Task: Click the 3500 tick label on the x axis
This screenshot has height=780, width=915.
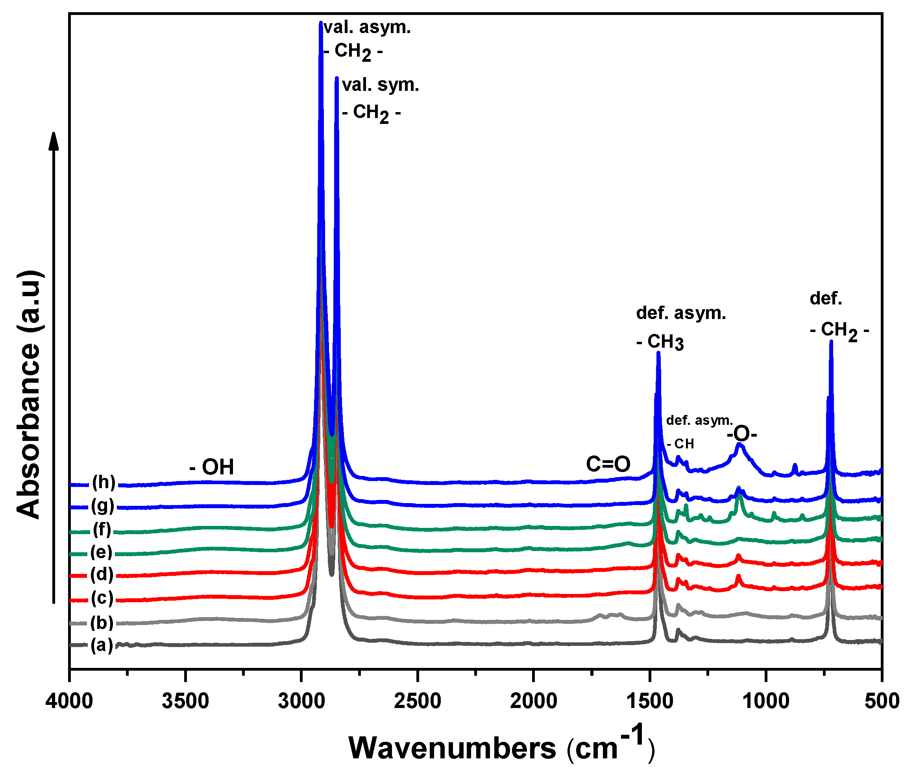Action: tap(185, 701)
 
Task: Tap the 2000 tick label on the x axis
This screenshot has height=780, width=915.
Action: tap(534, 701)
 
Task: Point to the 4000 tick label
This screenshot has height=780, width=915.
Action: tap(69, 701)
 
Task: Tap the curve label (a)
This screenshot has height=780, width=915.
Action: tap(102, 645)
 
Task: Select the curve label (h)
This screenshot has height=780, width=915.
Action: tap(104, 483)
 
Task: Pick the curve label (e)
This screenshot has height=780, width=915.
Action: tap(101, 552)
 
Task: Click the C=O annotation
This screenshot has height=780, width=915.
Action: tap(608, 464)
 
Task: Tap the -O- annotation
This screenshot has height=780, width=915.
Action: tap(742, 434)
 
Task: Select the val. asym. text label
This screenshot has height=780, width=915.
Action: tap(368, 28)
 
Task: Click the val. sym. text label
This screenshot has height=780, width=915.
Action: tap(381, 85)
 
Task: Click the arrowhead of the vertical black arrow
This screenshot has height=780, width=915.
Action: tap(54, 140)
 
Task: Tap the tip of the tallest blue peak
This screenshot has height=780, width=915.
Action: tap(321, 23)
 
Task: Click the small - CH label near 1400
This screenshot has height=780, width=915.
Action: tap(680, 444)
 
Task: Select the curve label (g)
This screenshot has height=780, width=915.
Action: tap(103, 506)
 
